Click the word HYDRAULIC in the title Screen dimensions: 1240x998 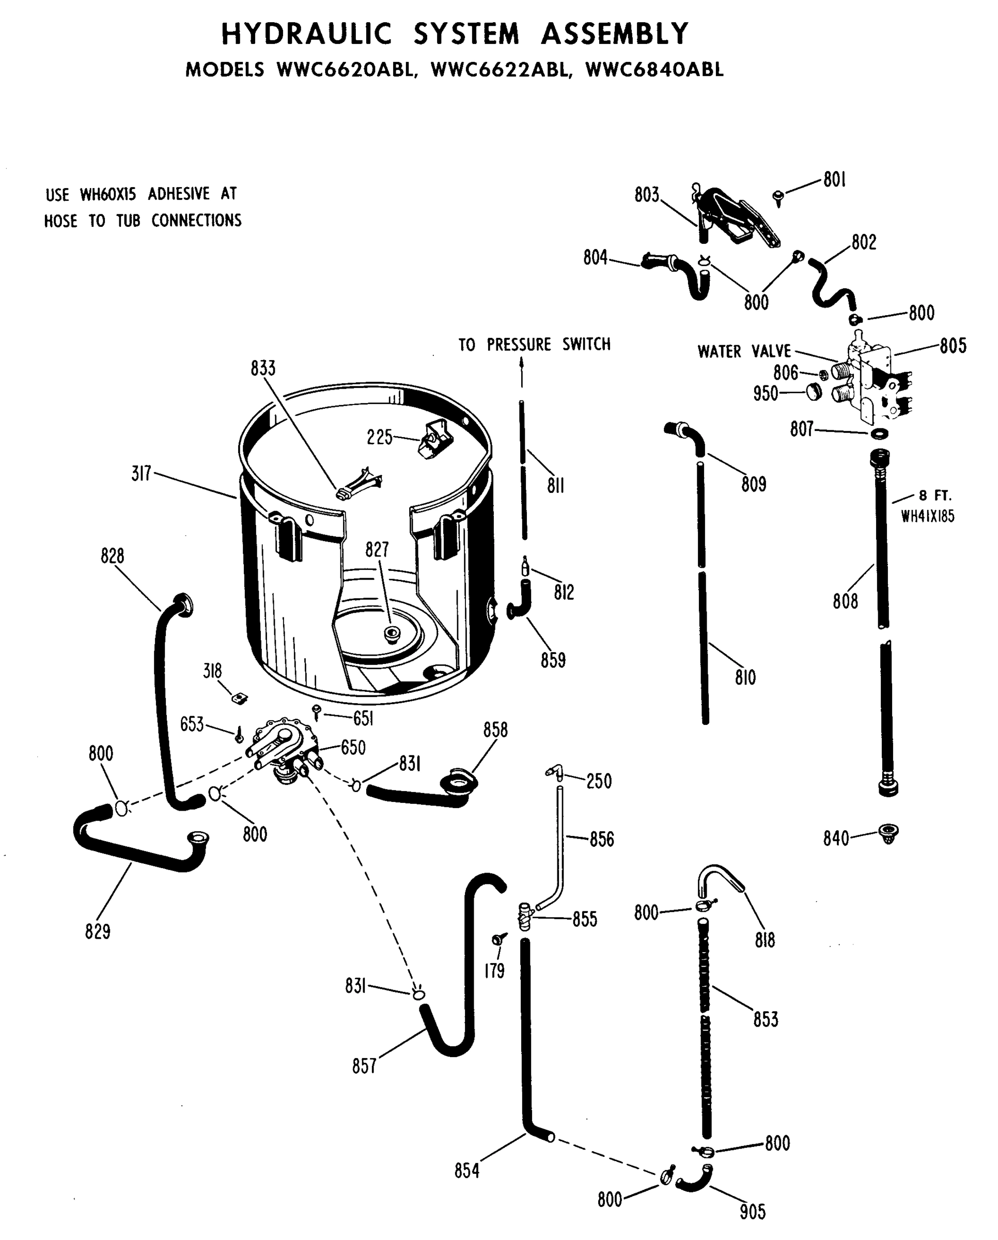point(306,34)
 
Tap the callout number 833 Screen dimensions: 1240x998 point(263,368)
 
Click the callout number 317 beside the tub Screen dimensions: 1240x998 point(142,474)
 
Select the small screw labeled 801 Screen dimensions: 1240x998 point(779,198)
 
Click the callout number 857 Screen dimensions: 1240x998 point(364,1066)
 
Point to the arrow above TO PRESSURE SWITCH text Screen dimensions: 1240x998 point(521,368)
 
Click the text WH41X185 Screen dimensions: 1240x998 point(927,517)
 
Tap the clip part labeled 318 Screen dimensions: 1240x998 point(239,698)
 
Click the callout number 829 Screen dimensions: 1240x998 point(97,932)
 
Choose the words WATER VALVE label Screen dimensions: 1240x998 point(744,351)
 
